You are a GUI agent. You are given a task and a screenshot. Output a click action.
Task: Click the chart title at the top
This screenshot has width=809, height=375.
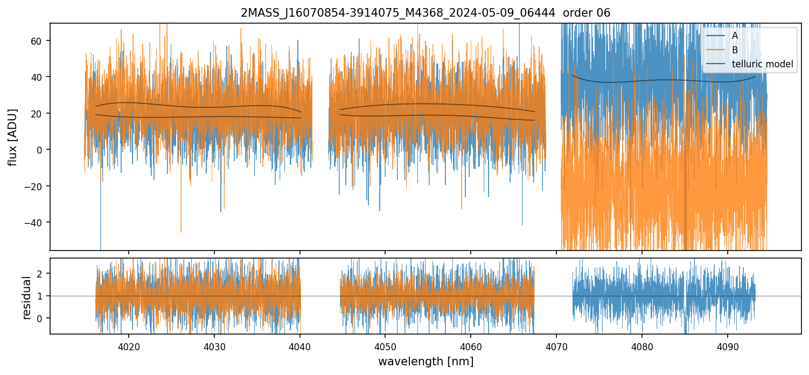point(426,13)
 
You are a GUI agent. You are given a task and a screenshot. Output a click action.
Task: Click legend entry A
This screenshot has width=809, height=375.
point(735,36)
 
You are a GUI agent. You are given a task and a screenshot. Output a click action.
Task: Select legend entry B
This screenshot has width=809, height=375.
point(735,50)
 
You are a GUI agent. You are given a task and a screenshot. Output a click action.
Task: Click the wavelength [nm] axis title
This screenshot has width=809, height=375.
point(426,362)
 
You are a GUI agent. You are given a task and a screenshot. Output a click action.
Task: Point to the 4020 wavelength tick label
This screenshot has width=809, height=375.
point(129,345)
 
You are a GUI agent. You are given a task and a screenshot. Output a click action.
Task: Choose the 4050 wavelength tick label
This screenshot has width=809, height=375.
point(385,345)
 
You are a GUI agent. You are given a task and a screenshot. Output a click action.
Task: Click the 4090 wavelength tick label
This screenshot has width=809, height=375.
point(728,345)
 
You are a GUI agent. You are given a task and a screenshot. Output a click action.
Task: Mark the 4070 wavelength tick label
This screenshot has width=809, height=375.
point(556,345)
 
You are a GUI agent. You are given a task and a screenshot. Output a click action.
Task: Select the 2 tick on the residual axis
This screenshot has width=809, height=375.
point(41,274)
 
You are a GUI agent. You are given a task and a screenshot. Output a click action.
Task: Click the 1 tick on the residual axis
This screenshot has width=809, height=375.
point(41,296)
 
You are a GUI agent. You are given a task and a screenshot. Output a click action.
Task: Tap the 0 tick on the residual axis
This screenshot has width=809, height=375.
point(41,318)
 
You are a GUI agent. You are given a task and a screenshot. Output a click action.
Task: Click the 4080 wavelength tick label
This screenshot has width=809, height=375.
point(642,345)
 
